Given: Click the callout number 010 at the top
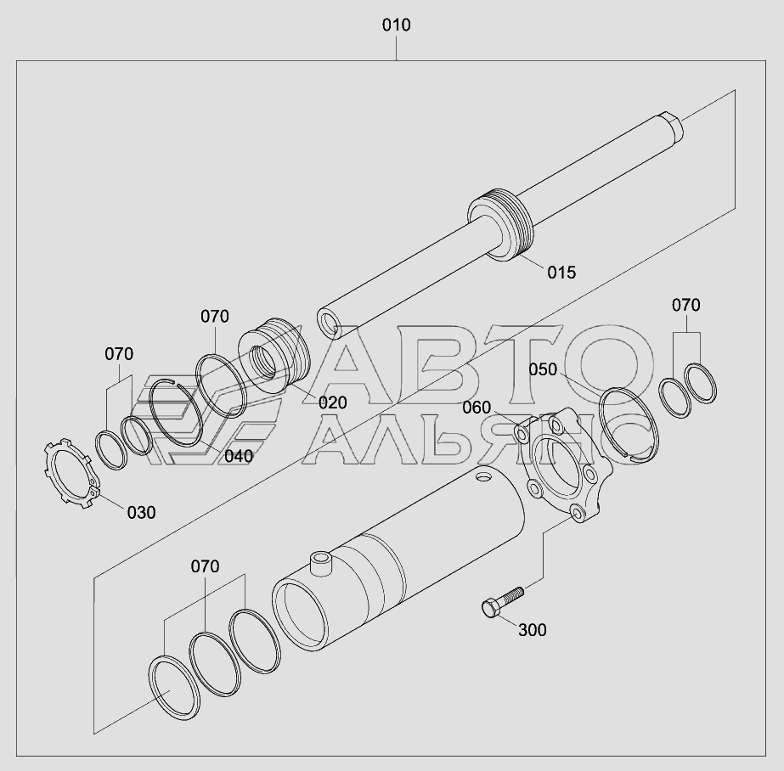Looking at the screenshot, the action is [x=396, y=25].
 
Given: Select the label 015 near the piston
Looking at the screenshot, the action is [x=561, y=273].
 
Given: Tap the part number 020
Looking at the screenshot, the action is [x=332, y=402].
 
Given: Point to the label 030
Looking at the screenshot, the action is [x=141, y=513].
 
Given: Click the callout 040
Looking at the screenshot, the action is [x=239, y=456].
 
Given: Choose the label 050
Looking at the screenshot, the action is [x=543, y=369].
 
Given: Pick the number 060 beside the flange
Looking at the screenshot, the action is [x=477, y=408].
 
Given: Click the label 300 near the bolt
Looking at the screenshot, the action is [x=532, y=630].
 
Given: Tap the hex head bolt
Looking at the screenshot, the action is [x=502, y=602].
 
